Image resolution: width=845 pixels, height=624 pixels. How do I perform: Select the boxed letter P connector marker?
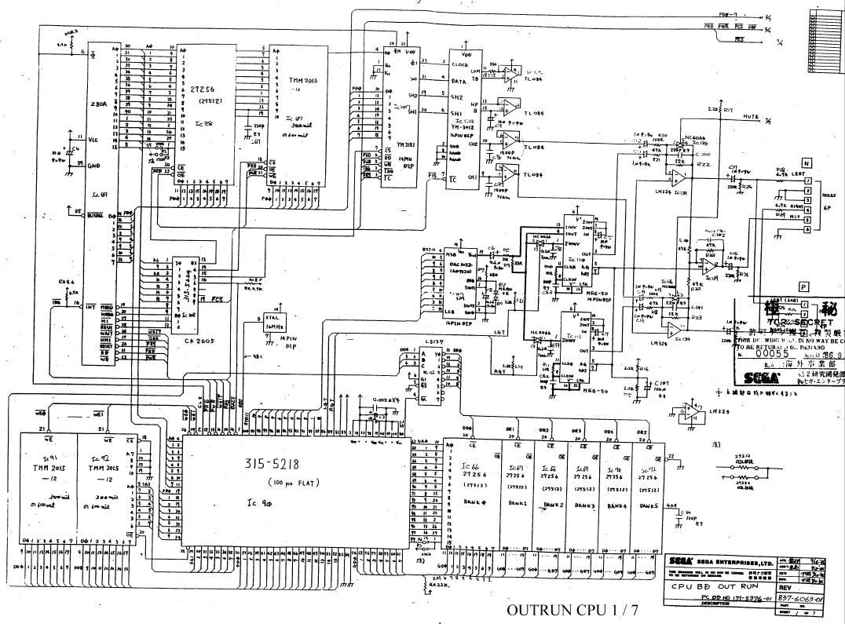tap(803, 287)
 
